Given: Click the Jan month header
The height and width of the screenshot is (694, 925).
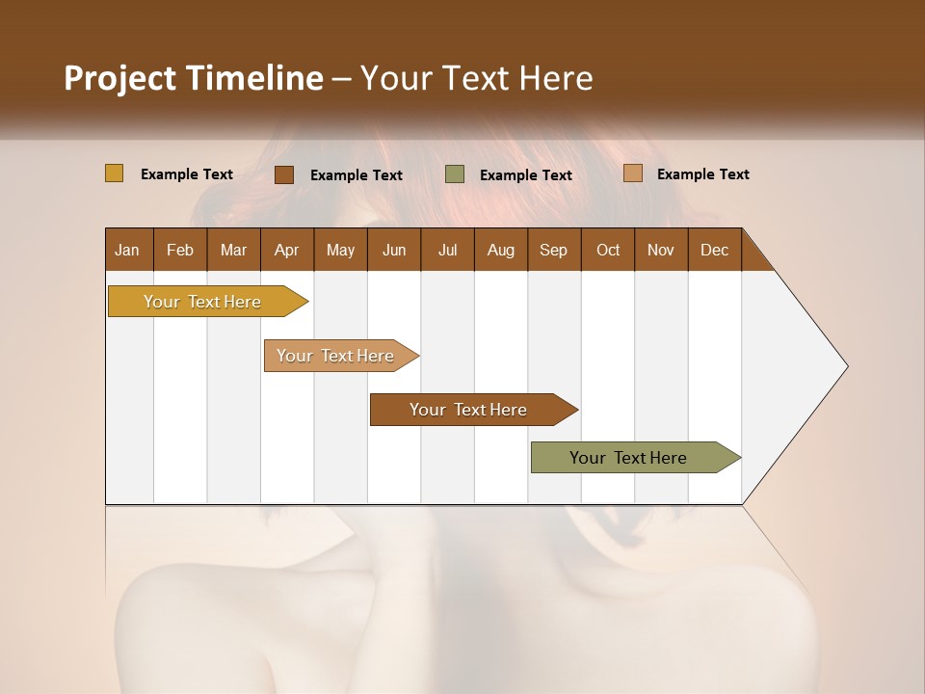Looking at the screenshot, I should coord(127,250).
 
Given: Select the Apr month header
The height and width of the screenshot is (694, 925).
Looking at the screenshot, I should coord(286,250).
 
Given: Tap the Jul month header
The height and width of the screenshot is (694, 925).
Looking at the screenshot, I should coord(447,250).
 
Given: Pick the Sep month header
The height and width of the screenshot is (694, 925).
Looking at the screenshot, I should coord(553,250).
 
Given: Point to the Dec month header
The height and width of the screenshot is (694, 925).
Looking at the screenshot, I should coord(714,250).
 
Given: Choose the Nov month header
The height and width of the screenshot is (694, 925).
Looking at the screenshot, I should coord(660,250).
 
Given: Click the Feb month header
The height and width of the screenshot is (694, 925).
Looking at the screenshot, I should coord(180,250).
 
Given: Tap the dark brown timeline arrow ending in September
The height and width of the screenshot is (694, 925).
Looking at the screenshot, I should coord(469,410).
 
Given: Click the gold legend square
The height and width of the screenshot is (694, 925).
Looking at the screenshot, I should coord(114,173).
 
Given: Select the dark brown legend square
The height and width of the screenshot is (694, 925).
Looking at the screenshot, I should coord(283,174).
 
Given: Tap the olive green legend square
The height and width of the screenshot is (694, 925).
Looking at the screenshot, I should coord(455,174).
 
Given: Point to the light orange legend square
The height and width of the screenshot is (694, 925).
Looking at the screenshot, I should coord(632,173).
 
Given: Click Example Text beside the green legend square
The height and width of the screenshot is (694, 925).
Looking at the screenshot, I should coord(526,175).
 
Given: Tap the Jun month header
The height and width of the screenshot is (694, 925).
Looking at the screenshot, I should coord(394,250).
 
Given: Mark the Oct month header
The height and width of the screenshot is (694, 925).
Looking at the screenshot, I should coord(608,250).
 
